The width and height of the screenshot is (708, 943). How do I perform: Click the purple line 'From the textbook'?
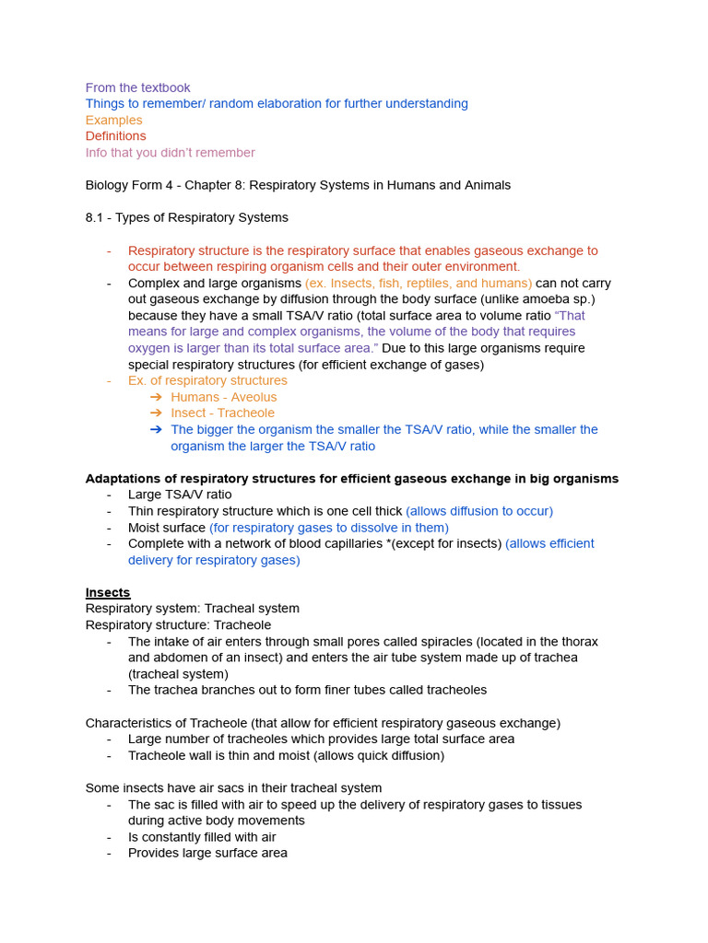click(137, 87)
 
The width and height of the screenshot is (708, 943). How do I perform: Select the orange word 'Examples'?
click(113, 120)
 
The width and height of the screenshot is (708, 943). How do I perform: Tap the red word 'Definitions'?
click(115, 136)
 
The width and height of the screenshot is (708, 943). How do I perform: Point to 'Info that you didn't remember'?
click(170, 153)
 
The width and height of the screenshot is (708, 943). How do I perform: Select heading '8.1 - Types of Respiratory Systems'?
click(186, 217)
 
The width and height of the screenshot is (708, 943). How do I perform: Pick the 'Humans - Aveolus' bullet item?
click(223, 397)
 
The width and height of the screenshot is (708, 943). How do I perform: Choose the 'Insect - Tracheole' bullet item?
click(222, 413)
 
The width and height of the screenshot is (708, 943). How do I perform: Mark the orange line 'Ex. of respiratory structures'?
click(207, 380)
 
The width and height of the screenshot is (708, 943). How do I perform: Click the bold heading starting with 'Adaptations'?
click(351, 479)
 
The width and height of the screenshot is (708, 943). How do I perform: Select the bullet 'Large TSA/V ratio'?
click(180, 495)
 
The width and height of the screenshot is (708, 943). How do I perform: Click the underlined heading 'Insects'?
click(108, 592)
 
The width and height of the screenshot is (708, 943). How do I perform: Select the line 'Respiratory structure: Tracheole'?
click(178, 625)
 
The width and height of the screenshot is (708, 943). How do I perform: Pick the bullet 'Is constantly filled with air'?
click(202, 837)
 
